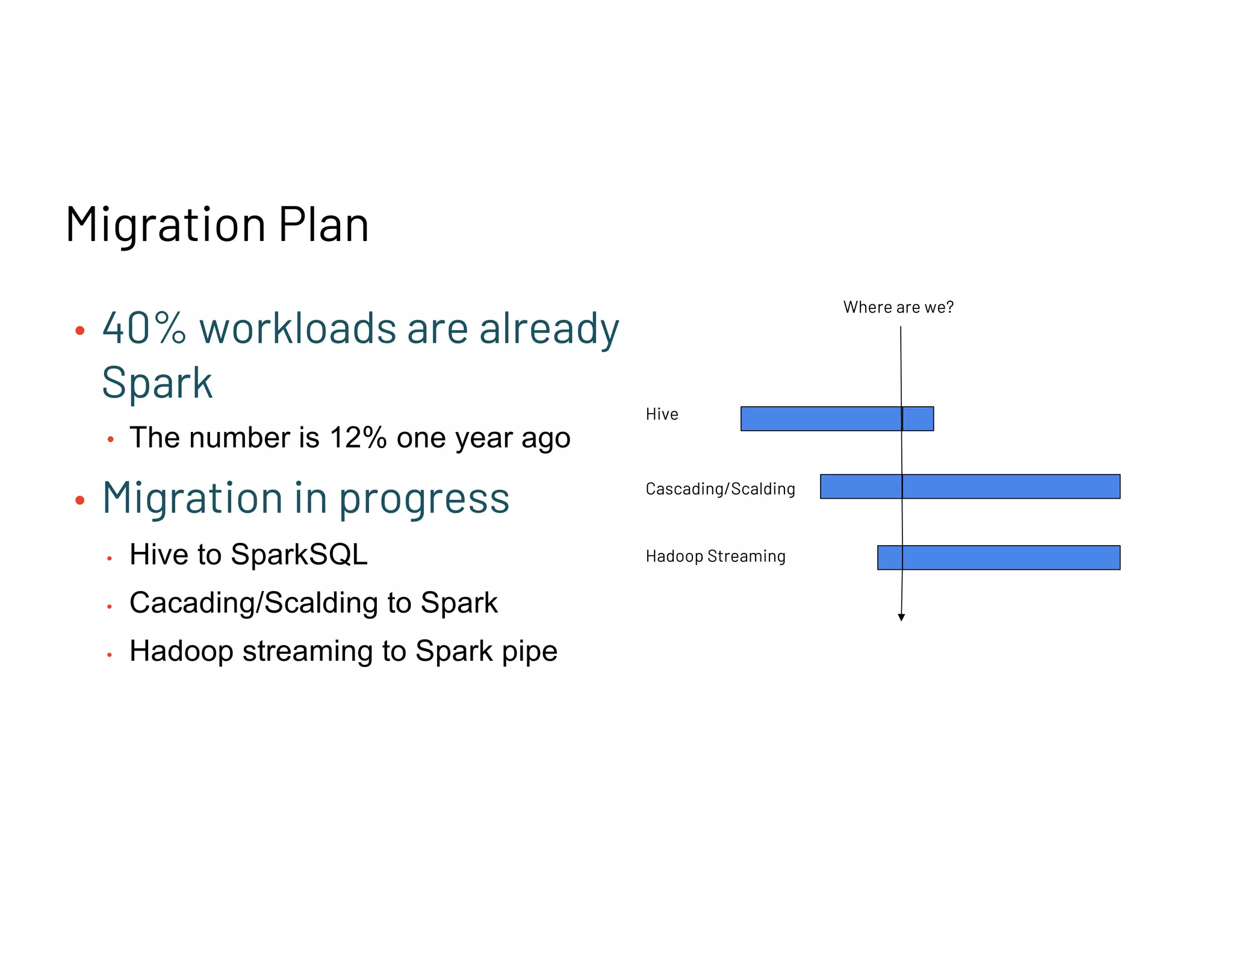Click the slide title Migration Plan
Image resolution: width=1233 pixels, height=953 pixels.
point(217,224)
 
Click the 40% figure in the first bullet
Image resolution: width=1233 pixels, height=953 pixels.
point(144,329)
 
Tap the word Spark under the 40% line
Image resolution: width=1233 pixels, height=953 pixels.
point(157,383)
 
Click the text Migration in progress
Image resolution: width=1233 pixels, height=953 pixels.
point(306,498)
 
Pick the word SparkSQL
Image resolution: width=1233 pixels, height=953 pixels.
point(299,554)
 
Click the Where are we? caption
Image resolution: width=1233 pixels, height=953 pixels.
point(898,307)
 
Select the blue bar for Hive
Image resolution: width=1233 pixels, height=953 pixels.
point(837,419)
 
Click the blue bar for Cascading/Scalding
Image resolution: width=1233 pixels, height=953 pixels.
point(970,486)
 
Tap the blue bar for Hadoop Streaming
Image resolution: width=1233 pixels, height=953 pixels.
point(999,557)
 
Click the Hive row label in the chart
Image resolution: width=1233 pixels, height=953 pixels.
point(662,414)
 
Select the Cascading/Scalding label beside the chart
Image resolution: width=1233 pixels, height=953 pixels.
point(720,489)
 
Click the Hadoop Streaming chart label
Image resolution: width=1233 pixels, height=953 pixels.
point(715,556)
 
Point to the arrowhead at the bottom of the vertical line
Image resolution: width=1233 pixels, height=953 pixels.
point(901,617)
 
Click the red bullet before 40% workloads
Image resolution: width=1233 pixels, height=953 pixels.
point(80,330)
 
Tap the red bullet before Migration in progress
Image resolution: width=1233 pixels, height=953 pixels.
point(80,500)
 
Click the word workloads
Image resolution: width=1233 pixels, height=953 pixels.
point(297,329)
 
